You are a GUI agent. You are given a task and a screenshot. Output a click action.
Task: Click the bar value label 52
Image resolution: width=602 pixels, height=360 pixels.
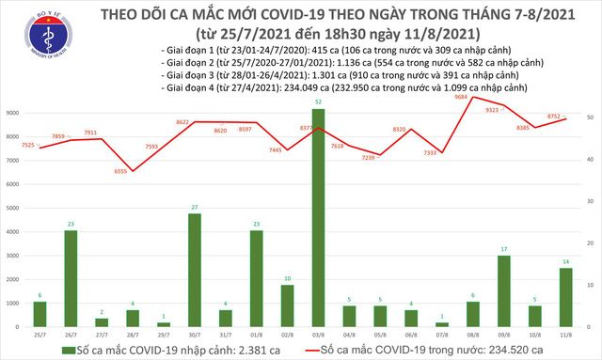pyautogui.click(x=319, y=102)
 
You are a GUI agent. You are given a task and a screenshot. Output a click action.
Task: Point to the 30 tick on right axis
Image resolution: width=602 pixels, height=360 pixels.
pyautogui.click(x=589, y=200)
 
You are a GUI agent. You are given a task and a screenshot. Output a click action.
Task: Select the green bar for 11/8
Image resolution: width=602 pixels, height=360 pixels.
pyautogui.click(x=567, y=296)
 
